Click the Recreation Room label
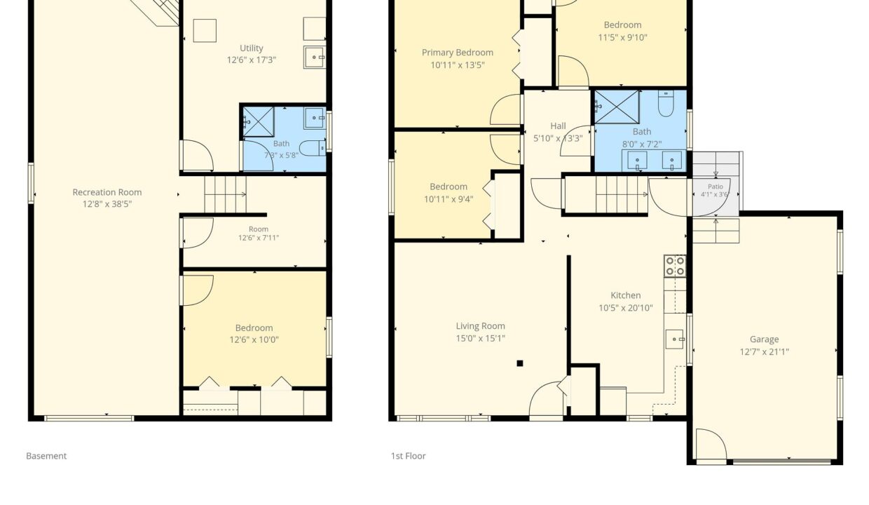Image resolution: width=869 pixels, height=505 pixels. pos(107,192)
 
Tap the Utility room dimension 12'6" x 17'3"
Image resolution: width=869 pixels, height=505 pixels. pos(252,60)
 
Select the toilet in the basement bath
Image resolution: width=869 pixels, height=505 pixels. pos(313,148)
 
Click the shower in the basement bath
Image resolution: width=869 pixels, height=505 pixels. pos(259,122)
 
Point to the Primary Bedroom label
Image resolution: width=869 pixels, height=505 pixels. pos(458,53)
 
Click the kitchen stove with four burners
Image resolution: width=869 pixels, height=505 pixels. pos(675,266)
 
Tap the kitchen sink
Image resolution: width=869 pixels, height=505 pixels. pos(675,339)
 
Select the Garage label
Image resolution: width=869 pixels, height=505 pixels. pos(765,339)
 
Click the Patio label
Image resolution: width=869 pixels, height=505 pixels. pos(716,187)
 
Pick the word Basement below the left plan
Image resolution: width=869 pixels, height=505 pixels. pos(46,456)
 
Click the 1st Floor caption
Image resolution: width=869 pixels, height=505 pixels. pos(408,456)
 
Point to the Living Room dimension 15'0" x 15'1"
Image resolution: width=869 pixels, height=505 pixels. pos(480,339)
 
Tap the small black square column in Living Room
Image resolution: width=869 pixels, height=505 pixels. pos(520,363)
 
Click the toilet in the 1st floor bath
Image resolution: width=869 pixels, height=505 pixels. pos(666,103)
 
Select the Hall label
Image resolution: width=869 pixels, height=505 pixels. pos(558,126)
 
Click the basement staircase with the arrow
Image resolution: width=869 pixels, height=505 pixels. pos(226,194)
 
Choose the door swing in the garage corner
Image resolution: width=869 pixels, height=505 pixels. pos(711,445)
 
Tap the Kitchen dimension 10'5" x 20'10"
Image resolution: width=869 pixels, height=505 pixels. pos(626,308)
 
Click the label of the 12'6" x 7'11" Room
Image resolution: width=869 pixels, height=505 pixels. pos(259,229)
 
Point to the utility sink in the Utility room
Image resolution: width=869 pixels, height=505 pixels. pos(315,57)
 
